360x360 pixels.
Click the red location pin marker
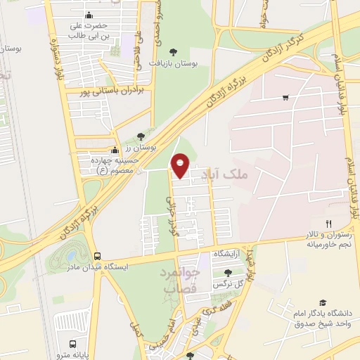click(x=180, y=165)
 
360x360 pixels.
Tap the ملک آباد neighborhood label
click(x=223, y=174)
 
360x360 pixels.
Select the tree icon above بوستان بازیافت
click(x=174, y=51)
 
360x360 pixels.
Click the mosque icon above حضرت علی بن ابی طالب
click(x=88, y=15)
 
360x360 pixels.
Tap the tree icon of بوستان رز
click(x=141, y=135)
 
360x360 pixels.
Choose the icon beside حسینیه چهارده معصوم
click(x=115, y=150)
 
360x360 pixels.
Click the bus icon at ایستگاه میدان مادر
click(x=97, y=257)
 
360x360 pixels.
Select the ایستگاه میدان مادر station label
click(x=76, y=268)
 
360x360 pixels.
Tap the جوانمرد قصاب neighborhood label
click(x=182, y=280)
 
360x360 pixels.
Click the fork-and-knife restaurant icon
click(x=328, y=223)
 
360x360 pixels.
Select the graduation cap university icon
click(x=323, y=301)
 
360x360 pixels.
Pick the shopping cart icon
click(x=285, y=97)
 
